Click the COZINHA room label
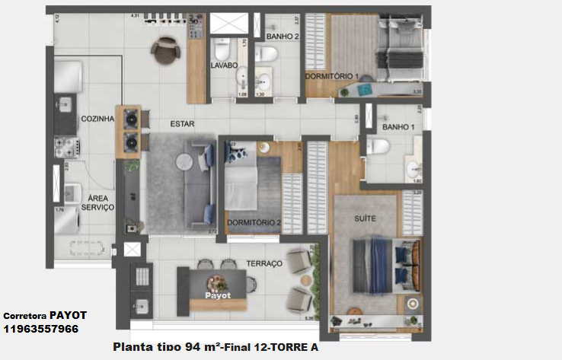click(x=97, y=119)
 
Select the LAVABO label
click(x=225, y=65)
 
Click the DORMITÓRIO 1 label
click(x=332, y=77)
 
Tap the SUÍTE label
click(x=365, y=218)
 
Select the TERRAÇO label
click(x=263, y=263)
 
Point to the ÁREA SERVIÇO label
click(x=97, y=202)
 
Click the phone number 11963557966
click(x=40, y=330)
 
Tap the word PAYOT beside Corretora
click(x=69, y=315)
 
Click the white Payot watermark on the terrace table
click(x=217, y=294)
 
